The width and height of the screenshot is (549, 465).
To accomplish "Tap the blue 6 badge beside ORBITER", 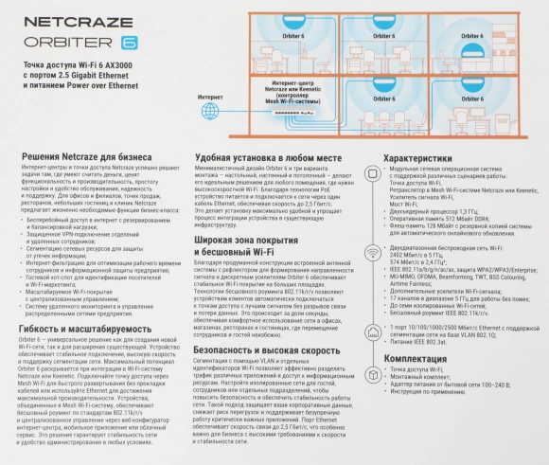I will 130,43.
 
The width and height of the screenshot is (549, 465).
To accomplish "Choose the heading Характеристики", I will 423,159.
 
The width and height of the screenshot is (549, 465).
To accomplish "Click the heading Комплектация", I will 416,359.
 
